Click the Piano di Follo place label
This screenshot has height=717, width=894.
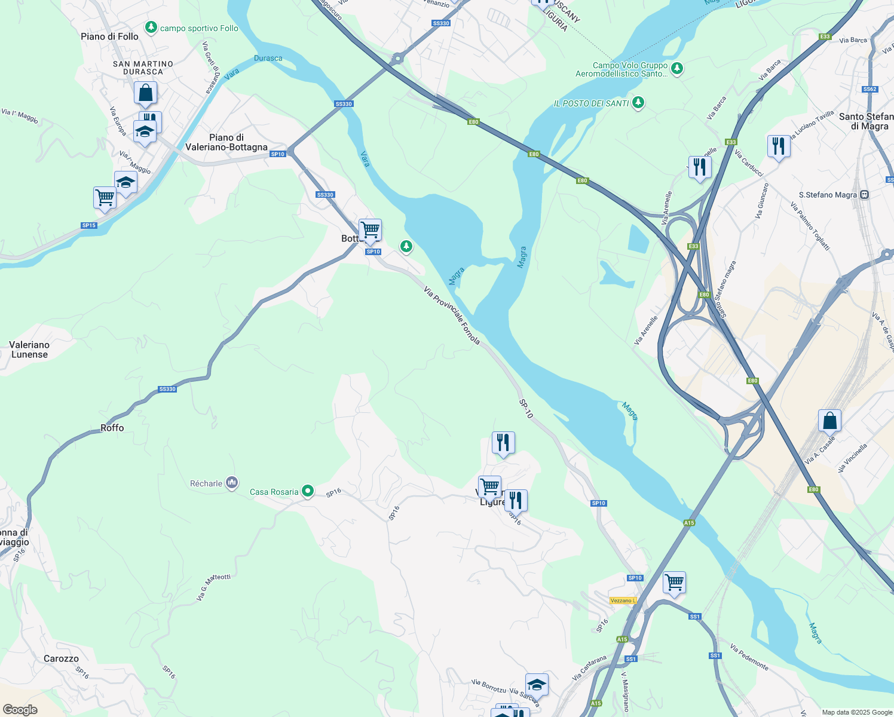coord(109,36)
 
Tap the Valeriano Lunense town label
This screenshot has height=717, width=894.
coord(29,350)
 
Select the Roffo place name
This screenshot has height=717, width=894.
coord(112,428)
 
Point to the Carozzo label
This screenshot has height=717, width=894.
coord(61,658)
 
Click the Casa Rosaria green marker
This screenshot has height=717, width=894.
coord(308,491)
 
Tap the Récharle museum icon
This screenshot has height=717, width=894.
coord(232,483)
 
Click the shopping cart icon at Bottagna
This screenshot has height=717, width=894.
coord(370,229)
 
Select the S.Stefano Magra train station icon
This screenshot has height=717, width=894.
coord(864,195)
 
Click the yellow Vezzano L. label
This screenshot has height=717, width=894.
coord(623,600)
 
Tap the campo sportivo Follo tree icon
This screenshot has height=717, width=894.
coord(151,27)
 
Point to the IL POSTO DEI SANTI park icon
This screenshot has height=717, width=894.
coord(638,103)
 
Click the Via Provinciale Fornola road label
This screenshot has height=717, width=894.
coord(452,315)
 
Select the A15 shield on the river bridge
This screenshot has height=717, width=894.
coord(689,523)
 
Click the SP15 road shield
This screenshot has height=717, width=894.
coord(89,225)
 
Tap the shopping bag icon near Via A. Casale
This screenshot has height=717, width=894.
coord(829,421)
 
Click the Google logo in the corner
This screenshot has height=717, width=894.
coord(20,710)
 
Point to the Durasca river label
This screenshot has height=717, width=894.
coord(268,58)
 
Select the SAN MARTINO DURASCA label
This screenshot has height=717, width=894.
coord(143,68)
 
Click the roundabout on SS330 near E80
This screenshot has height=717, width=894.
coord(396,59)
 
